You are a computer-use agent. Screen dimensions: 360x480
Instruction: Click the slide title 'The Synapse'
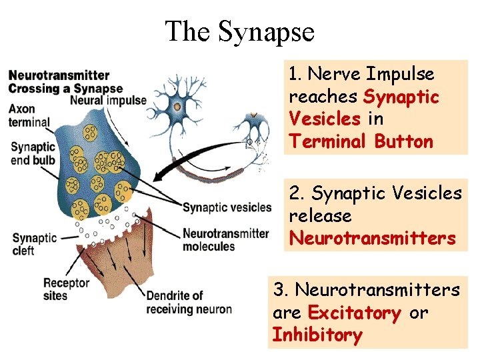[239, 31]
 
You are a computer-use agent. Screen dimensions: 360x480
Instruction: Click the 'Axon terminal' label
[29, 116]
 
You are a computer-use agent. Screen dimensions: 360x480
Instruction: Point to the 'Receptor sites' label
[66, 289]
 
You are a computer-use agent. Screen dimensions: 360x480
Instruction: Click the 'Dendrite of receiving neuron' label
[189, 302]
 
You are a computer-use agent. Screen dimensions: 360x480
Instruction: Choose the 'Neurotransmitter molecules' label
[225, 240]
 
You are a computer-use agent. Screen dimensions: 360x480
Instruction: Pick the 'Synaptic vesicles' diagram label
[227, 207]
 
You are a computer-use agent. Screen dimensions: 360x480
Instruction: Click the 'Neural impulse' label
[108, 101]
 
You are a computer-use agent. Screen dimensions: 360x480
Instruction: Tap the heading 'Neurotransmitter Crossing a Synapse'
[65, 81]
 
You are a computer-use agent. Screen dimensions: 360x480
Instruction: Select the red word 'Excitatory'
[354, 313]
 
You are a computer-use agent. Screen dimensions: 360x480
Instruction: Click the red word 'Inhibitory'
[317, 335]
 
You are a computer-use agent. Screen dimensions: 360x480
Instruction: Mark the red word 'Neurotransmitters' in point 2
[372, 238]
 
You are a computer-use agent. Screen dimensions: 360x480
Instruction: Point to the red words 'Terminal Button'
[361, 141]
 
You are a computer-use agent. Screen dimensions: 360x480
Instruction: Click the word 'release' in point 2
[320, 216]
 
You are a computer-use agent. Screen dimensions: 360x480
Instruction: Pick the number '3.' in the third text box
[281, 290]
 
